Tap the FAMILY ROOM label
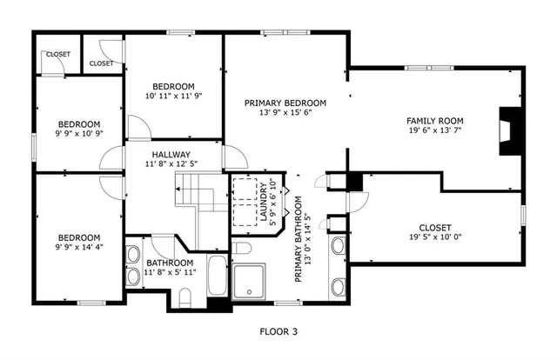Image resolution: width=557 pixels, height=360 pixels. coord(434,121)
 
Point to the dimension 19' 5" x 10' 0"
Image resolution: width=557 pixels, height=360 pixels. coord(434,237)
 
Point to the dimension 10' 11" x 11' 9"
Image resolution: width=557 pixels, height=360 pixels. coord(173,97)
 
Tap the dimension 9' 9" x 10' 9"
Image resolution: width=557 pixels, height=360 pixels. coord(78,135)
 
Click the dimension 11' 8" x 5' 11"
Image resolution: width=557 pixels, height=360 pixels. coord(170,272)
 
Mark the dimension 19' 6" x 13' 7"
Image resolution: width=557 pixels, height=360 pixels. coord(434,132)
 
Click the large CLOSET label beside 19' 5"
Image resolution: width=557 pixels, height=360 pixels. coord(434,226)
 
